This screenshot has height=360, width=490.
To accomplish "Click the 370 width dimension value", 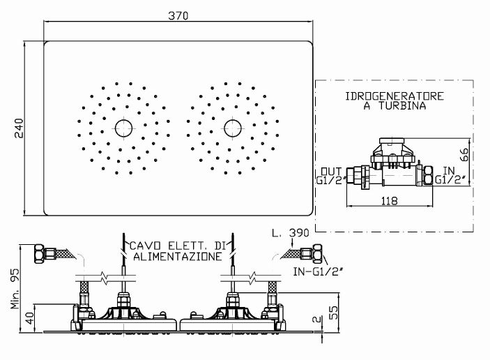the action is (178, 15).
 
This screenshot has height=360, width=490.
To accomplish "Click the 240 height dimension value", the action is (19, 128).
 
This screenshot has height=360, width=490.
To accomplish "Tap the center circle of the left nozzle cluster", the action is (123, 128).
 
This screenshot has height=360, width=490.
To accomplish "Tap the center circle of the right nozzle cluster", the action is (233, 128).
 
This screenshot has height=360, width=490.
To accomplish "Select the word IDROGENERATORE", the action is (395, 96).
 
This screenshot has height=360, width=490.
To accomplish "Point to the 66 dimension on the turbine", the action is (465, 155).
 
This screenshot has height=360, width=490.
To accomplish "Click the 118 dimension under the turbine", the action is (390, 201).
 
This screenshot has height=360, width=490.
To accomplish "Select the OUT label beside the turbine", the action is (331, 172).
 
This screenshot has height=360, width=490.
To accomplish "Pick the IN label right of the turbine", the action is (449, 171).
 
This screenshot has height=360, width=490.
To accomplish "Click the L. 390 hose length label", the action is (291, 233).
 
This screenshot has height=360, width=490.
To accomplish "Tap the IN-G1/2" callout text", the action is (318, 272).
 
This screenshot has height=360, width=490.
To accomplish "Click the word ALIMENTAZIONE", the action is (178, 257).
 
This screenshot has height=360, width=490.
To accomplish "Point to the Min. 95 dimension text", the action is (15, 289).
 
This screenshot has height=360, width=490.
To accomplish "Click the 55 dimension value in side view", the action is (334, 313).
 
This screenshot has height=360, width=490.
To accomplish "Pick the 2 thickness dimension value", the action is (317, 320).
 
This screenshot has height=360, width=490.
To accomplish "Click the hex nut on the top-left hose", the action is (39, 254).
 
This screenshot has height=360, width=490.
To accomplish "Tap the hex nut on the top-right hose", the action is (317, 253).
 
